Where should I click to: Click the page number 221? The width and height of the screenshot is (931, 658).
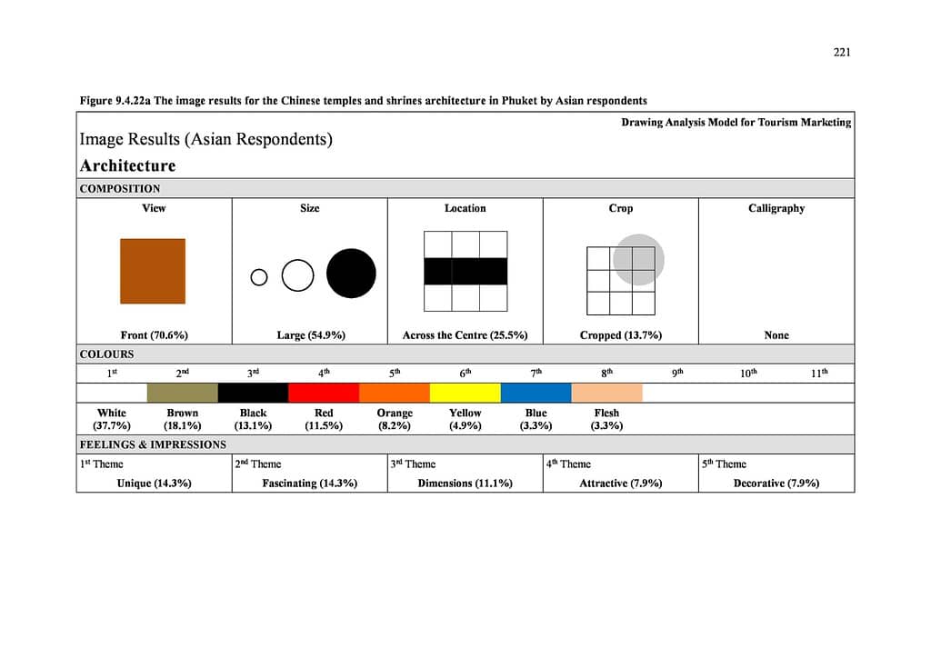(842, 52)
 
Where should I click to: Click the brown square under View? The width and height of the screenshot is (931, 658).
(153, 271)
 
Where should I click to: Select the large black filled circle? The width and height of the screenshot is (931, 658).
(351, 273)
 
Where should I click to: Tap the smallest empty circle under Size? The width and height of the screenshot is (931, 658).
(259, 277)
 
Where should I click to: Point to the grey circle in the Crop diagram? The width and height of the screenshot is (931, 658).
(638, 259)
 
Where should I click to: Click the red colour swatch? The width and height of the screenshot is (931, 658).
(324, 393)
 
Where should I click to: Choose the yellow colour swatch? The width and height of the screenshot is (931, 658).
(465, 393)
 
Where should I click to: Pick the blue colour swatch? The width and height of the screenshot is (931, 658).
(536, 393)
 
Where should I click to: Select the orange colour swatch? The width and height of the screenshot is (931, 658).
(395, 393)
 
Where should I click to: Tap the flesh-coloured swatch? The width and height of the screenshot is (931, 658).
(606, 393)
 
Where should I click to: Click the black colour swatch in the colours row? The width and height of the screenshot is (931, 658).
(253, 393)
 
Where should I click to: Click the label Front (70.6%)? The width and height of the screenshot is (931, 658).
(154, 335)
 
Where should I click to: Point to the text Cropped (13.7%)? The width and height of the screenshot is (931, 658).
(621, 335)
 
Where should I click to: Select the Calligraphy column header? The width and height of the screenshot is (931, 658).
(776, 208)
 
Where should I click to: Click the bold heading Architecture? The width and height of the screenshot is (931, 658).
(127, 165)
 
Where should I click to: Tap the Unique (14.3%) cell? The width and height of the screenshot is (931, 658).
(154, 483)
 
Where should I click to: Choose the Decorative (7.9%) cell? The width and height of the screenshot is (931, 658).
(776, 483)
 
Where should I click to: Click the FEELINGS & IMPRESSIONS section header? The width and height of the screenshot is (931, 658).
(153, 444)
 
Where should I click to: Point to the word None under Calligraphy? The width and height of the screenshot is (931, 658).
(776, 335)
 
